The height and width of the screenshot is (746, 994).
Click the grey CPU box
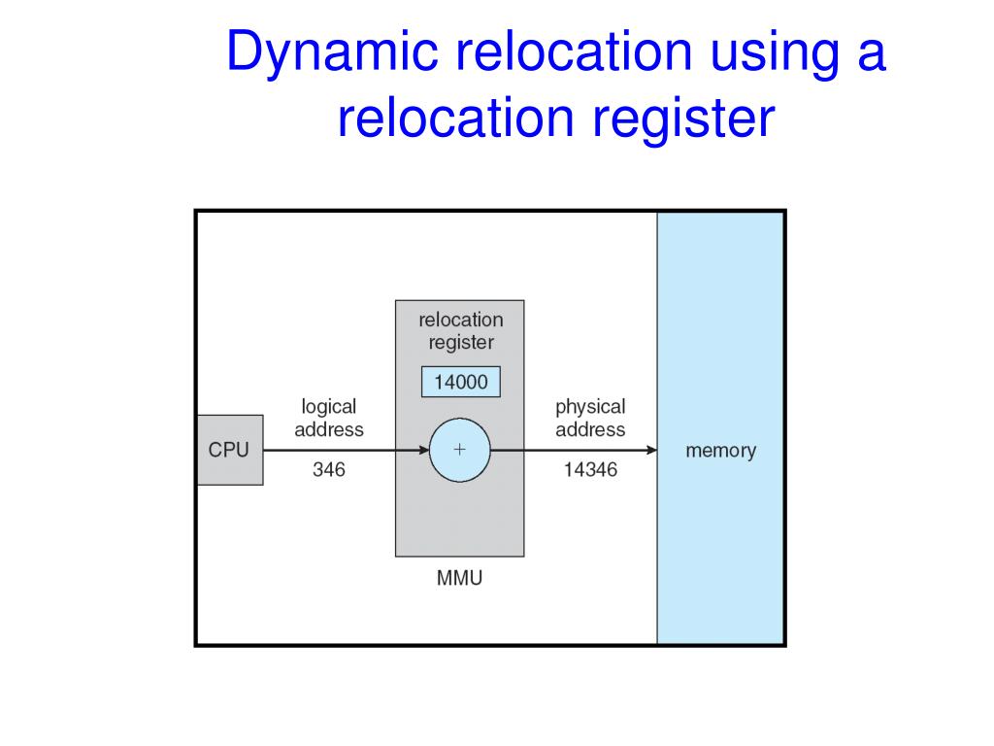click(x=229, y=450)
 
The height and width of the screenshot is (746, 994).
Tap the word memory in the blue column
click(x=720, y=451)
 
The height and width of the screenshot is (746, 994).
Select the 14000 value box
click(x=461, y=383)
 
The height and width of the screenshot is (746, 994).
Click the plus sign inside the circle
click(x=460, y=450)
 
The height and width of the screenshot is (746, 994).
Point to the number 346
click(x=328, y=471)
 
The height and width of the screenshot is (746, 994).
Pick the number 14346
click(x=590, y=471)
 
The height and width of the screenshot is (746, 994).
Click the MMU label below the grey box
click(x=459, y=580)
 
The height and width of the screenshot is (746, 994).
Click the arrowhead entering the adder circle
click(x=423, y=450)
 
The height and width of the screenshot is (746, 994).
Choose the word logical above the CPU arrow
click(x=328, y=407)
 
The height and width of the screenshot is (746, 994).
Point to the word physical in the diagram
click(x=590, y=407)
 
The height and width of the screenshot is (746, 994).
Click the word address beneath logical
click(x=328, y=429)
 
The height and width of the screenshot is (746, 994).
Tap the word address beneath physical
click(x=590, y=429)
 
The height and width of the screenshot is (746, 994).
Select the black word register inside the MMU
click(x=461, y=342)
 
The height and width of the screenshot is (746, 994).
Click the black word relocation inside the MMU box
click(x=461, y=320)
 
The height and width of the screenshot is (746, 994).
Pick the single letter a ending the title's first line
click(x=871, y=52)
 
